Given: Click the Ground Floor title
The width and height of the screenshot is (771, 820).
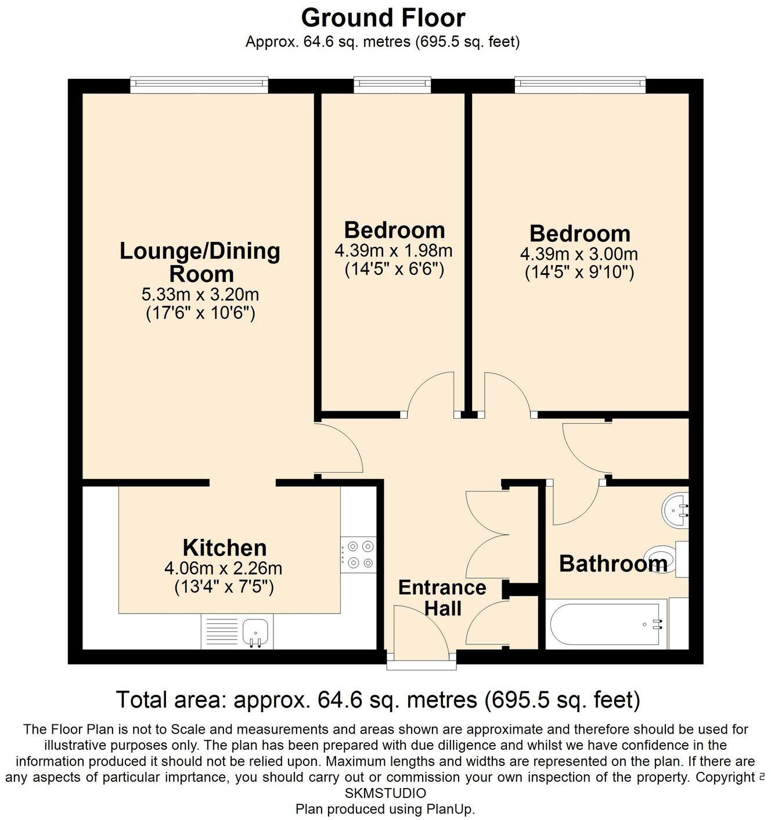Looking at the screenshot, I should pyautogui.click(x=383, y=17).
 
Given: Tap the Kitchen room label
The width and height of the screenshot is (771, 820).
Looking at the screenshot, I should pyautogui.click(x=225, y=547).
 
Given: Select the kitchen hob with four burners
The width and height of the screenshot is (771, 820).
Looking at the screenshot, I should pyautogui.click(x=358, y=554).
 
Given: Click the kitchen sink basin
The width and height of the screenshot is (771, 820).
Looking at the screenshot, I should pyautogui.click(x=255, y=631).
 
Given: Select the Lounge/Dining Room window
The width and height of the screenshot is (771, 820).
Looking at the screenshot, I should pyautogui.click(x=199, y=85).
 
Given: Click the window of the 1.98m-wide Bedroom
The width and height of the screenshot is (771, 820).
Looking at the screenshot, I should pyautogui.click(x=392, y=85).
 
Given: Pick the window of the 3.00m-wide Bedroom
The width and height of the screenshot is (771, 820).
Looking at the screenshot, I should pyautogui.click(x=580, y=85).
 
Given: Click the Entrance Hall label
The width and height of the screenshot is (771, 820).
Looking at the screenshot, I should pyautogui.click(x=442, y=598).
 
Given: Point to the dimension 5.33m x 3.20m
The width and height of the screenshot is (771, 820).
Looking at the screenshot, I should pyautogui.click(x=200, y=294).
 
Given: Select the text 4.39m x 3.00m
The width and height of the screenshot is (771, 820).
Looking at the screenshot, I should pyautogui.click(x=579, y=254).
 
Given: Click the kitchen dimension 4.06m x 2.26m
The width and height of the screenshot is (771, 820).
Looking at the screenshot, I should pyautogui.click(x=224, y=568).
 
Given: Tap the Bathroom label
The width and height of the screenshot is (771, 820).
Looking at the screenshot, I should pyautogui.click(x=613, y=564).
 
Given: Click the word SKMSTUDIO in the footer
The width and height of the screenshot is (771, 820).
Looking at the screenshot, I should pyautogui.click(x=385, y=793).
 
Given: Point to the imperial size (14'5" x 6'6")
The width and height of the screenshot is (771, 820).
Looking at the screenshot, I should pyautogui.click(x=394, y=270).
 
